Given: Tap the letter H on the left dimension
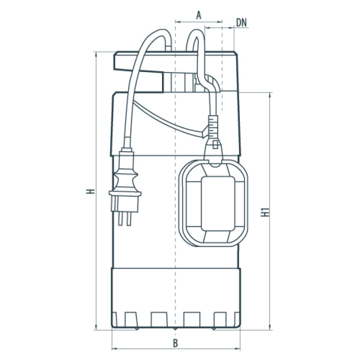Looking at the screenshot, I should pos(91,191).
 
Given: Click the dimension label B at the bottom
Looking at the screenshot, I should pos(175,343).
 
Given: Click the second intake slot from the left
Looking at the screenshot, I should pos(158,318).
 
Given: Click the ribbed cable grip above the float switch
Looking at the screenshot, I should pos(213,127).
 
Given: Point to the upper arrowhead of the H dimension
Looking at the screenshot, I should pos(96,54).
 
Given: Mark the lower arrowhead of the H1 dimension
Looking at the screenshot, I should pos(270,327).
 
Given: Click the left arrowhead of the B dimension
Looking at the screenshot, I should pos(114,349).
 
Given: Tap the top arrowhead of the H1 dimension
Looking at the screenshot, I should pos(270,95).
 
